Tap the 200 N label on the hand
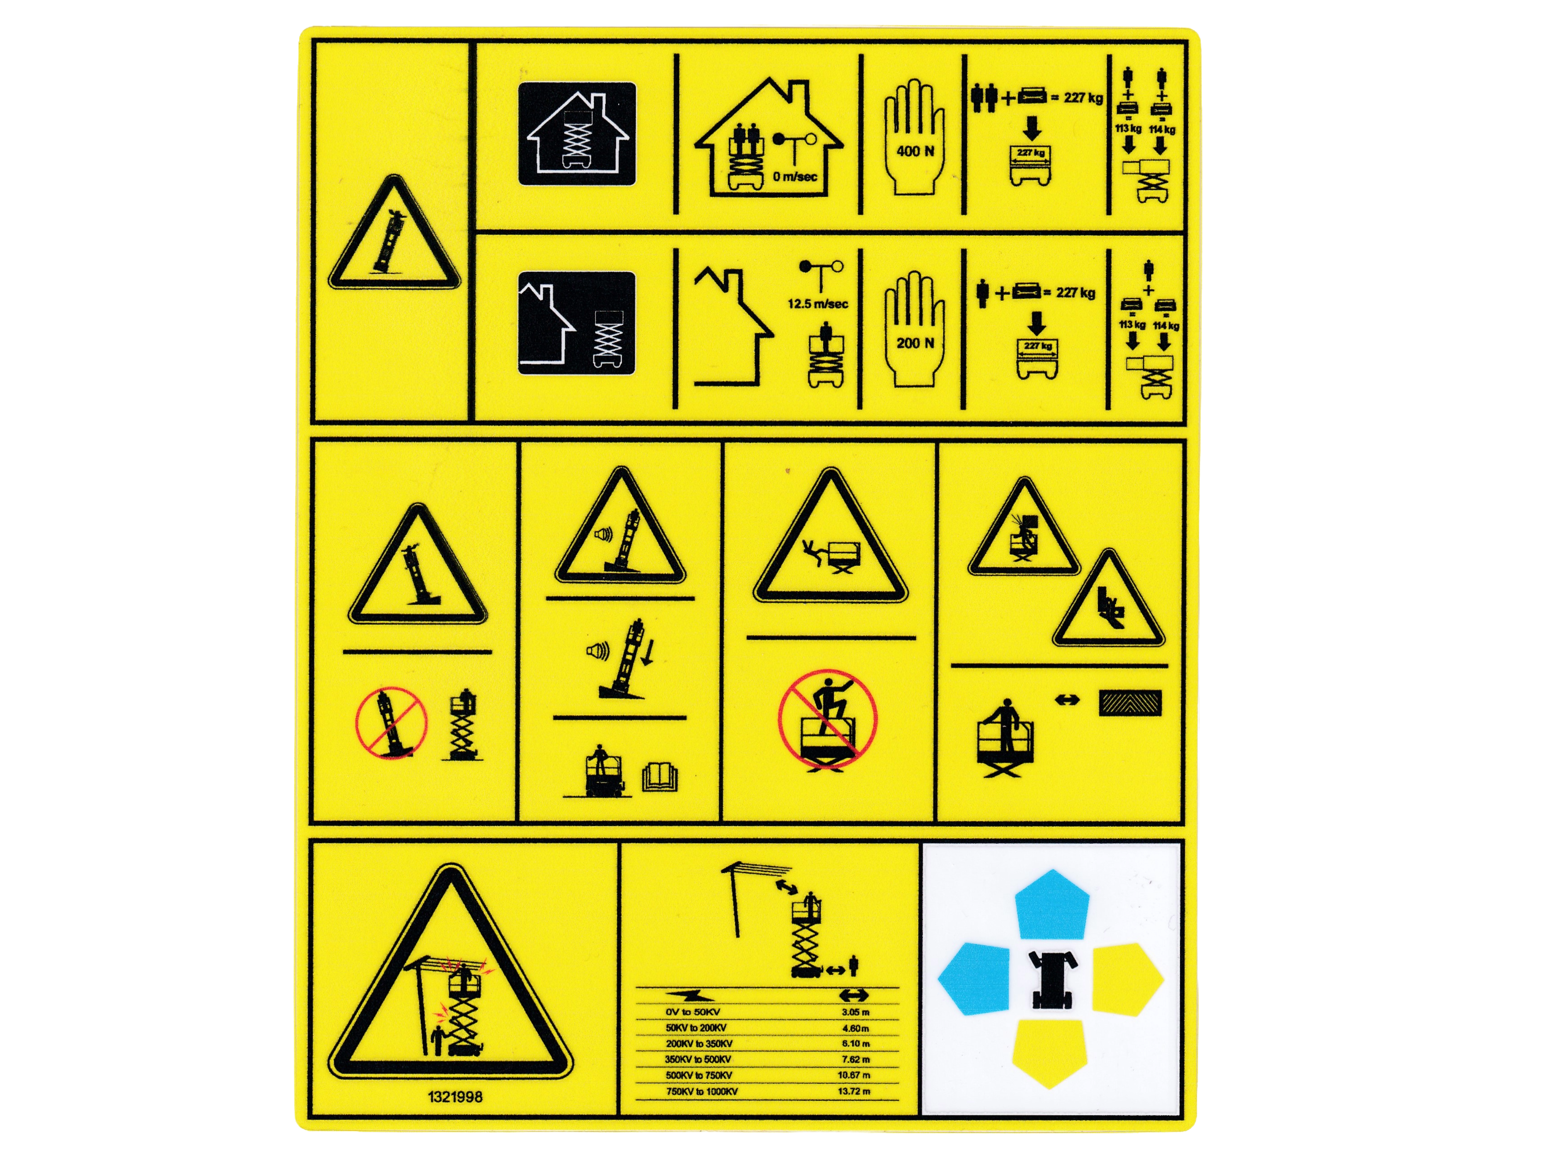[x=915, y=343]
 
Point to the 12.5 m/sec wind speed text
[x=817, y=304]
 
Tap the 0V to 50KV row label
[x=693, y=1012]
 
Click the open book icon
[x=660, y=778]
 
